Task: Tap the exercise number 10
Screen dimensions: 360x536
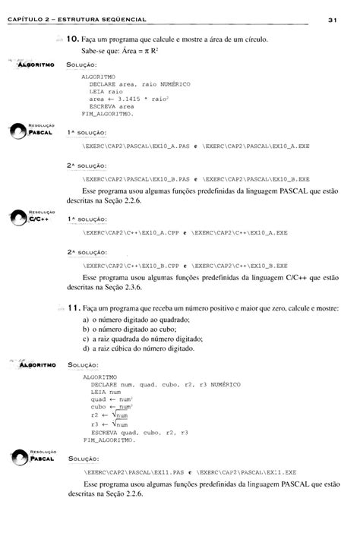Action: point(73,39)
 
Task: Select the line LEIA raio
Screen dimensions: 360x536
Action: point(106,91)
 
